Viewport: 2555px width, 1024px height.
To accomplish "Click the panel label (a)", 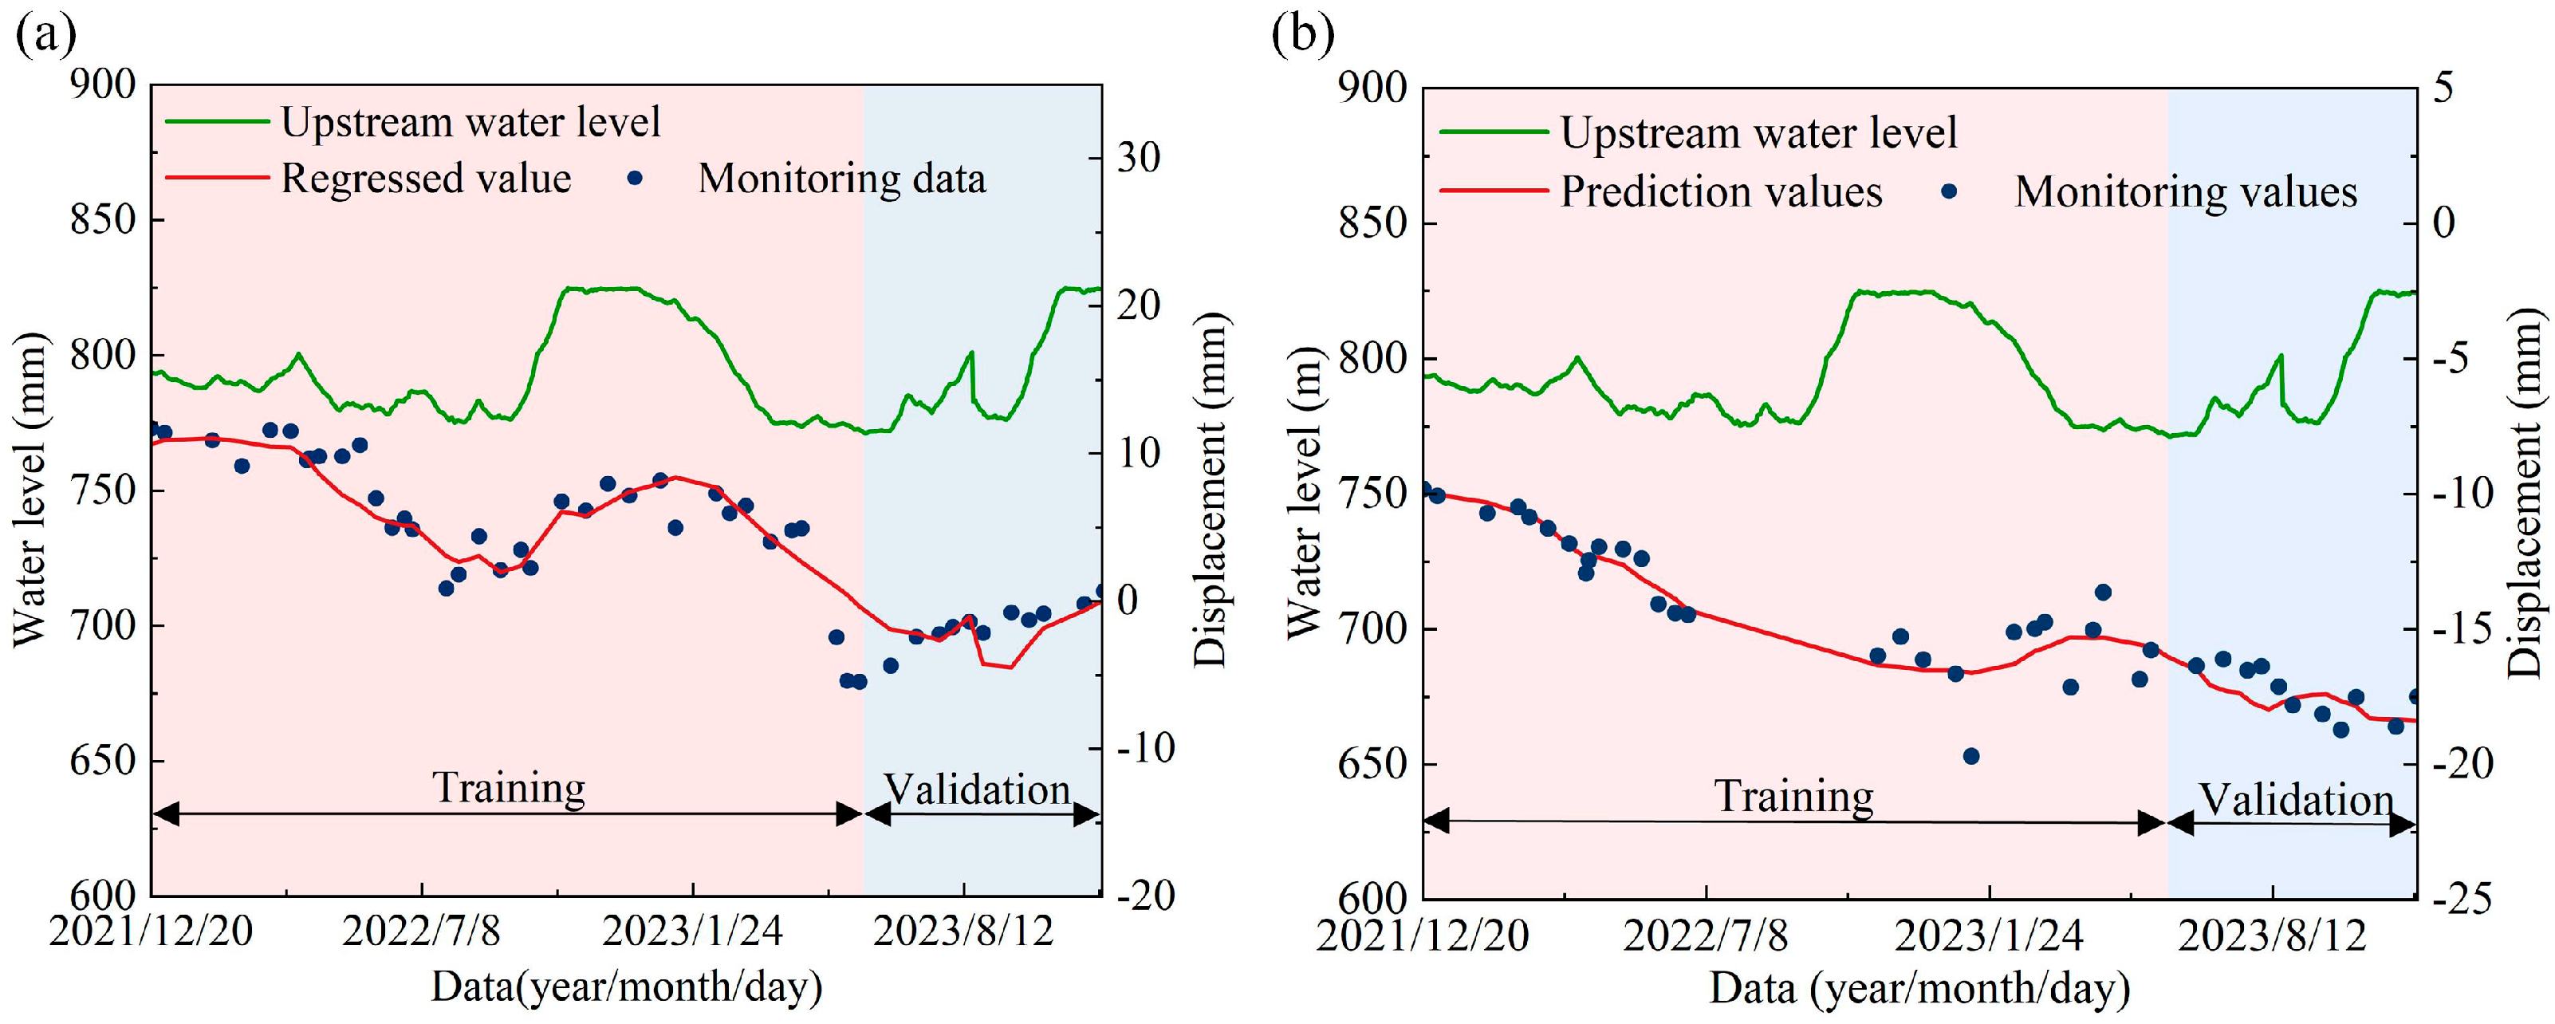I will coord(45,37).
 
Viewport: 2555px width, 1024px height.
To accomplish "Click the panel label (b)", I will coord(1302,37).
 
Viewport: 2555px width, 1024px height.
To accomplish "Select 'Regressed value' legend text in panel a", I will coord(426,179).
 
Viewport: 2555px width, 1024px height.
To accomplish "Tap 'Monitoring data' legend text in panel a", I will coord(842,179).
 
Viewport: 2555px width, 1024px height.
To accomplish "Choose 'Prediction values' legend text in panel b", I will coord(1721,191).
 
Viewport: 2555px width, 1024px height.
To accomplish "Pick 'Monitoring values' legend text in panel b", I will coord(2186,191).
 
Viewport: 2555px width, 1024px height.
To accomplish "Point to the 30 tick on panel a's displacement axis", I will coord(1139,158).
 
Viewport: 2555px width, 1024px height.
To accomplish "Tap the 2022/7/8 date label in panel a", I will coord(422,931).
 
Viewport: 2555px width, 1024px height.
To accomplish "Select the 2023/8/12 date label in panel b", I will coord(2271,935).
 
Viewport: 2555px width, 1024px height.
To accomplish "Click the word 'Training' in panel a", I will coord(509,788).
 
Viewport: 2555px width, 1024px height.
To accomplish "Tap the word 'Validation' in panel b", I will coord(2296,800).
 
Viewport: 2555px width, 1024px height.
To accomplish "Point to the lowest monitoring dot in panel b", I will coord(1970,756).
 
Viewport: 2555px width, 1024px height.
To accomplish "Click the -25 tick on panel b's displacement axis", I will coord(2460,899).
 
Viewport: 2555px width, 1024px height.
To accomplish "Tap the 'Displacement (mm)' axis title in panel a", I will coord(1210,489).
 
